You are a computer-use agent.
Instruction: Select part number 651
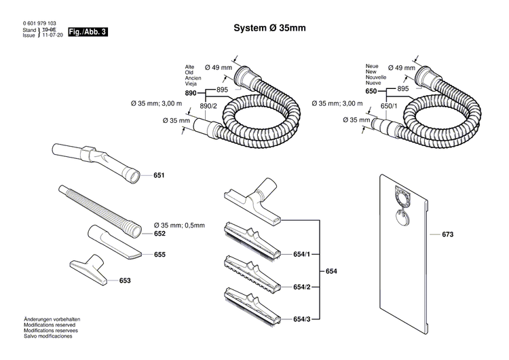[x=159, y=175]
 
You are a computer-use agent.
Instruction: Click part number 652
[x=159, y=233]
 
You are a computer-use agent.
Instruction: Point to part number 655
[x=159, y=255]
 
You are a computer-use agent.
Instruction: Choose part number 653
[x=125, y=280]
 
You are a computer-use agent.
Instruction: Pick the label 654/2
[x=302, y=287]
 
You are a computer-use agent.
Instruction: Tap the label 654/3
[x=302, y=319]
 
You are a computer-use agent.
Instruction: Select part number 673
[x=447, y=234]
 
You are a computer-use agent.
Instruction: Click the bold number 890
[x=191, y=92]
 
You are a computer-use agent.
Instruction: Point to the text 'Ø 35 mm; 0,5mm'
[x=184, y=225]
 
